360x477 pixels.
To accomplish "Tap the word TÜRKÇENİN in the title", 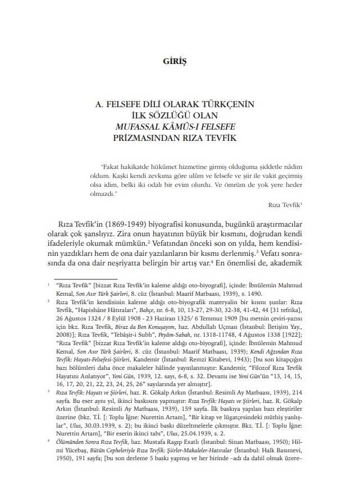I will coord(225,104).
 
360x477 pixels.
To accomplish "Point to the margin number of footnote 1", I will coord(49,285).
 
